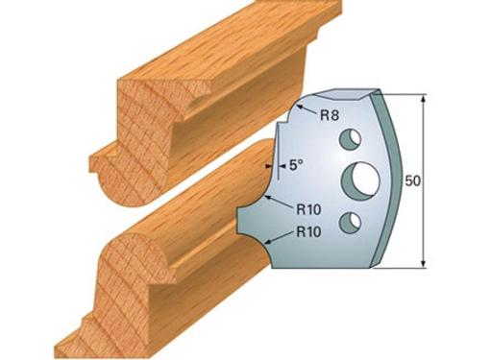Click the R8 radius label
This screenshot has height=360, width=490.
point(330,115)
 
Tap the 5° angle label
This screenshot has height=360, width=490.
point(296,165)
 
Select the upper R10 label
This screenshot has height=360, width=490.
point(308,210)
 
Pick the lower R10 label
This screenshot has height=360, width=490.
point(308,231)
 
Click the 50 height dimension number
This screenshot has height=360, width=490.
point(413,181)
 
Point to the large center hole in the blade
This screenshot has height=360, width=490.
point(360,180)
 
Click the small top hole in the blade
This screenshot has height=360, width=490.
point(351,139)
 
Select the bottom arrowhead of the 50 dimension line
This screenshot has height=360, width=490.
point(424,262)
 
